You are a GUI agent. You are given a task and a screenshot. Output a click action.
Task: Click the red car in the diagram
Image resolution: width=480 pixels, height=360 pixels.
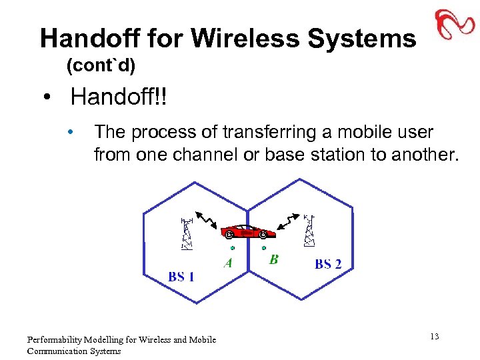tap(246, 231)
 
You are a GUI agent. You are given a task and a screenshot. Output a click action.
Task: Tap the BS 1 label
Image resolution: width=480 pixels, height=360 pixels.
tap(181, 276)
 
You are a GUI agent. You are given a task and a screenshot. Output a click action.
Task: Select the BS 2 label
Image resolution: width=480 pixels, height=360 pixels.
tap(327, 264)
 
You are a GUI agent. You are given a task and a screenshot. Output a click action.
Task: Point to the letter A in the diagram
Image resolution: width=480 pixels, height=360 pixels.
tap(228, 263)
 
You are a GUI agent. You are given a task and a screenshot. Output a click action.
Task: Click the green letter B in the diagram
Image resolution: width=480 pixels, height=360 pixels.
tap(273, 259)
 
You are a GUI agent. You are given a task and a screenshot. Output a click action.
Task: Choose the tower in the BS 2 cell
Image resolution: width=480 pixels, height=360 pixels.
tap(309, 230)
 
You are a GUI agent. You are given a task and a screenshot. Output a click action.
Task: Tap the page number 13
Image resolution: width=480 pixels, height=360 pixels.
tap(434, 337)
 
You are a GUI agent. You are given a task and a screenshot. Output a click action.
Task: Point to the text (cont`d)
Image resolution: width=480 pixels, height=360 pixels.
tap(101, 66)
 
